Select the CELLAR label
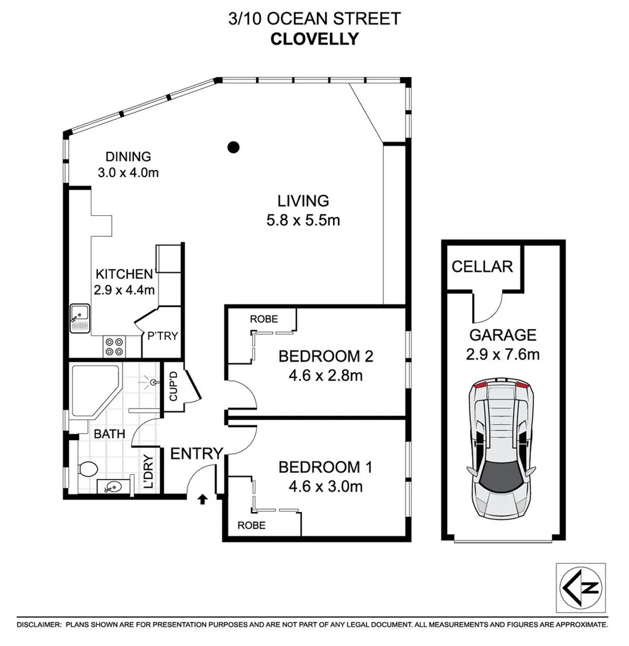pos(482,266)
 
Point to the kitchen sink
pos(79,318)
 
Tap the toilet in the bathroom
pos(87,470)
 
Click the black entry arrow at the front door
pos(202,497)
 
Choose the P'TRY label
pos(163,336)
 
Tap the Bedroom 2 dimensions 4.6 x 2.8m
pos(326,376)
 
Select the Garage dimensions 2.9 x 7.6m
pos(502,355)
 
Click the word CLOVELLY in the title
pos(314,39)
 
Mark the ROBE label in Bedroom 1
pos(252,525)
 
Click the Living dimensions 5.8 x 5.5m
pos(303,220)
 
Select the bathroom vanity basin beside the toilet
pos(111,487)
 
